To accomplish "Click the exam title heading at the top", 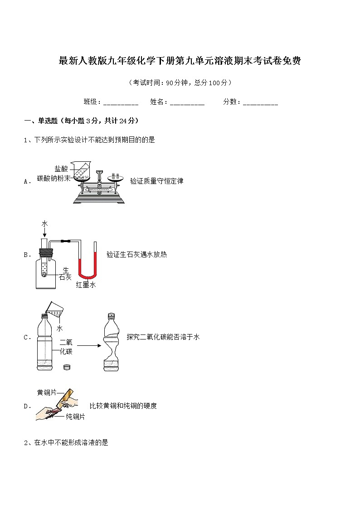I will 180,61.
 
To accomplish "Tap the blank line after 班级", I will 121,102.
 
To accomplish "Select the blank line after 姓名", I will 187,102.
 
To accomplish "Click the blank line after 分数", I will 260,102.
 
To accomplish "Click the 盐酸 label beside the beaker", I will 61,169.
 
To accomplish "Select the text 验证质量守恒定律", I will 156,181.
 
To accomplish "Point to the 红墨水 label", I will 86,285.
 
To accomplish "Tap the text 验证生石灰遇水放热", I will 136,255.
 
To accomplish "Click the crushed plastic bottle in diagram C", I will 111,342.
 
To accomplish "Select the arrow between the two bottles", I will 86,346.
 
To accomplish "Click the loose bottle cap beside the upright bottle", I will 67,368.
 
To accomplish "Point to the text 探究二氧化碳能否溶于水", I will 163,337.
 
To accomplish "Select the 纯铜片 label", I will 75,417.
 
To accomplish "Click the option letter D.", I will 26,406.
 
